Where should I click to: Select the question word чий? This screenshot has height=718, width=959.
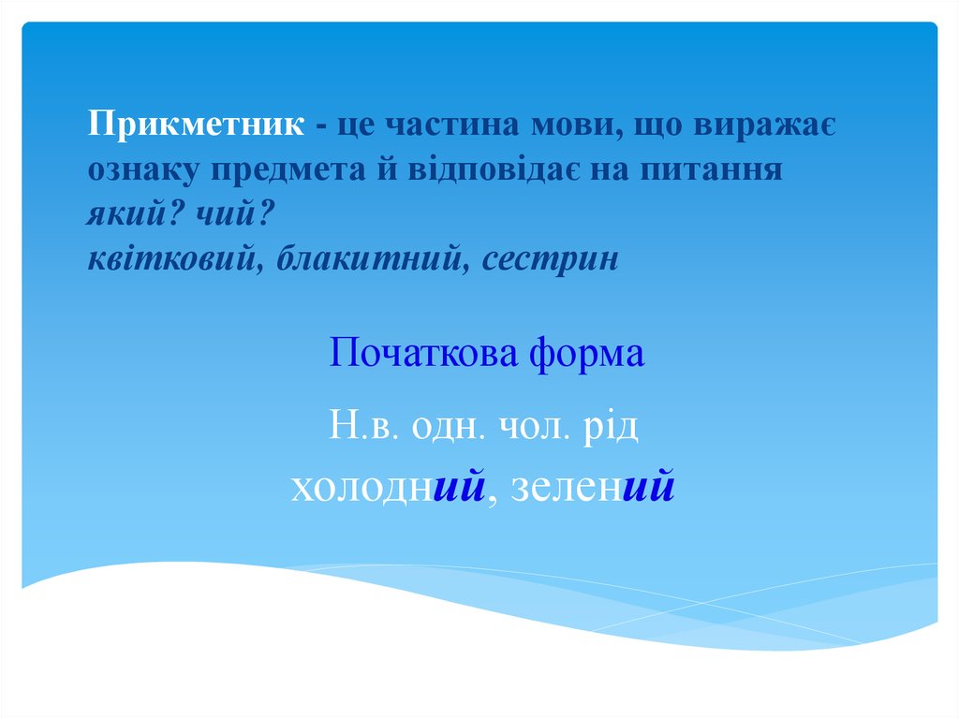233,215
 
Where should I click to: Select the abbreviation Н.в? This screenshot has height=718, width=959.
364,426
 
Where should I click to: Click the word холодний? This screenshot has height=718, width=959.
391,487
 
